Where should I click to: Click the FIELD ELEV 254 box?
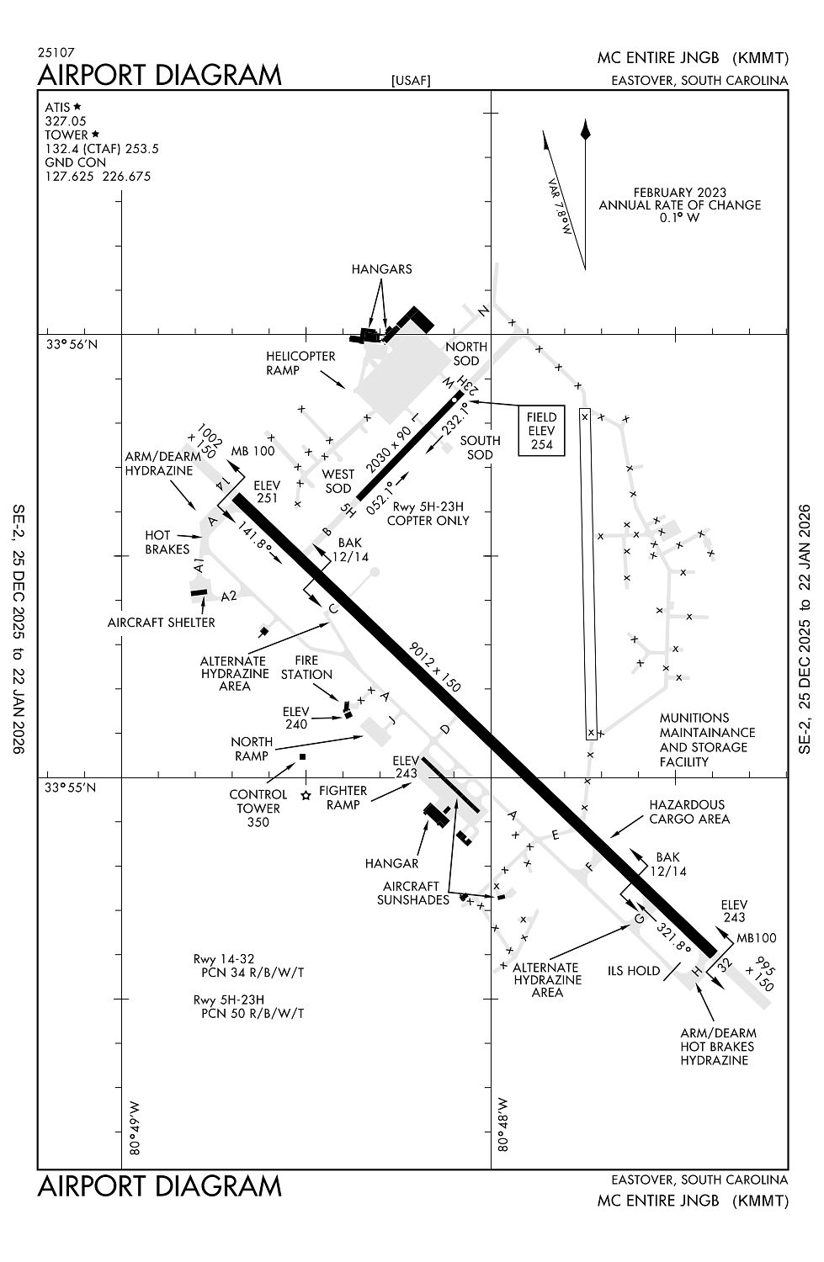click(x=541, y=431)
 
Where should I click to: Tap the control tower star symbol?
click(x=306, y=794)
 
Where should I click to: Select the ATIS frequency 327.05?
click(x=66, y=121)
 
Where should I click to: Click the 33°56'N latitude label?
click(x=72, y=344)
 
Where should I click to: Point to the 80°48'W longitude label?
click(x=502, y=1124)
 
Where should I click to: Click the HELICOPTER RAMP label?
click(x=300, y=363)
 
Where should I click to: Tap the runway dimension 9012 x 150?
click(x=434, y=667)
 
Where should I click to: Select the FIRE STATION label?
click(x=306, y=668)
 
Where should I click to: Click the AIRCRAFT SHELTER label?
click(x=162, y=623)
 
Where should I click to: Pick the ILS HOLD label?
click(x=634, y=971)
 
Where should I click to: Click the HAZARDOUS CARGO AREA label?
click(x=689, y=812)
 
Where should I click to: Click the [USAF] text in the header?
click(x=411, y=81)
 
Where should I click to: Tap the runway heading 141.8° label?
click(x=255, y=538)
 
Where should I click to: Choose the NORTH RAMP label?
click(x=252, y=749)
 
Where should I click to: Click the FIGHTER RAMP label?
click(x=343, y=798)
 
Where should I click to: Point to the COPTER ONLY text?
click(x=428, y=521)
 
